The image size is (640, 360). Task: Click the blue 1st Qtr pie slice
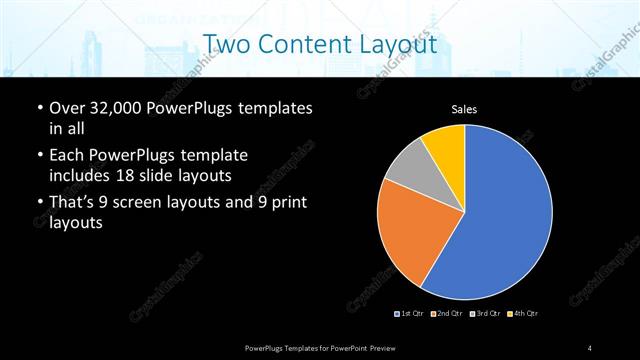tap(505, 215)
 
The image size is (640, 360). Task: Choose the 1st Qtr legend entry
tap(410, 314)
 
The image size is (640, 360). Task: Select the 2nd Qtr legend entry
tap(446, 314)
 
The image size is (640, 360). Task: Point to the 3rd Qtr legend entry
tap(484, 314)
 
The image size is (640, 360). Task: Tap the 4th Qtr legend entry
tap(522, 314)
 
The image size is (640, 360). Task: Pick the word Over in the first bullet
tap(67, 107)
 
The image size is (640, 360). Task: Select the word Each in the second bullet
tap(67, 156)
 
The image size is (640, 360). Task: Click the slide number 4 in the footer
tap(590, 347)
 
